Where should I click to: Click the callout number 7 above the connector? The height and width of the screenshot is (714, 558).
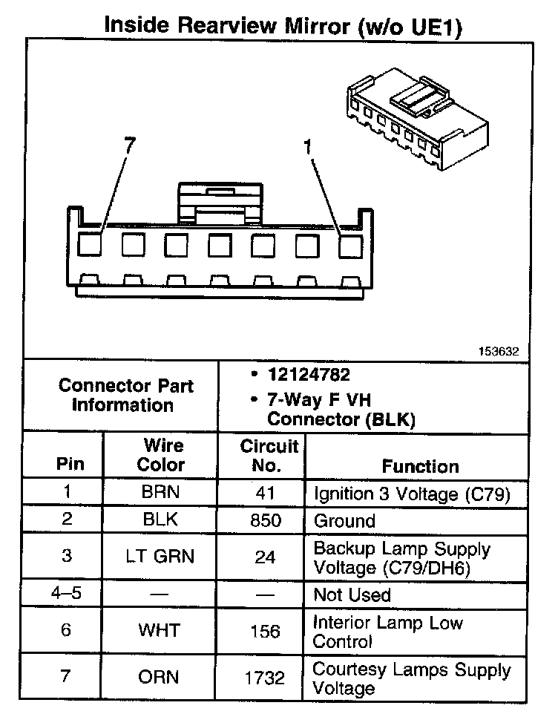(130, 146)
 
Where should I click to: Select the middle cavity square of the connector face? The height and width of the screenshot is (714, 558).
(220, 245)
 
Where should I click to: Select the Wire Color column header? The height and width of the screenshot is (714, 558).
(163, 456)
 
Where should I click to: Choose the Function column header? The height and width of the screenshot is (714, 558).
(420, 466)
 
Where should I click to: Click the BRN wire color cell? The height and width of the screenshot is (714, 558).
(161, 492)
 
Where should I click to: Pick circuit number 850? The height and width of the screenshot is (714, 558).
(266, 520)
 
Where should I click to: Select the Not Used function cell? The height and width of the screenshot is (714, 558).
(352, 595)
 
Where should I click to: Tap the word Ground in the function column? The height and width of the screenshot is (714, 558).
(345, 520)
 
